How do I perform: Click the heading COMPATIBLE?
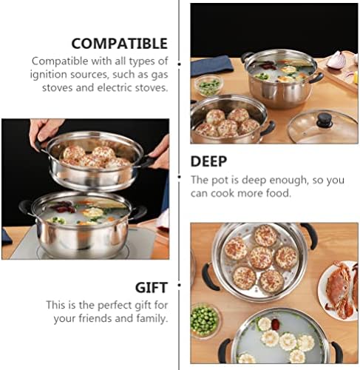tap(120, 44)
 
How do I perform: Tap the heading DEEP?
tap(208, 161)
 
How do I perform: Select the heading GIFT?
tap(152, 288)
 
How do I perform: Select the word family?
tap(152, 319)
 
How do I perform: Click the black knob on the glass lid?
tap(325, 120)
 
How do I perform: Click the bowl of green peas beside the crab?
tap(205, 320)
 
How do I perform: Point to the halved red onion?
tap(336, 60)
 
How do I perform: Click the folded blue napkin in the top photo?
tap(211, 65)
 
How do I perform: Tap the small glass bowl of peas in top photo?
tap(208, 86)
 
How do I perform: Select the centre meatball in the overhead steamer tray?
tap(261, 258)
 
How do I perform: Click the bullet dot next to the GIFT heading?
tap(179, 286)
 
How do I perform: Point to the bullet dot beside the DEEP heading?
tap(179, 177)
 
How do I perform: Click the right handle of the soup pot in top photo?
tap(316, 78)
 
